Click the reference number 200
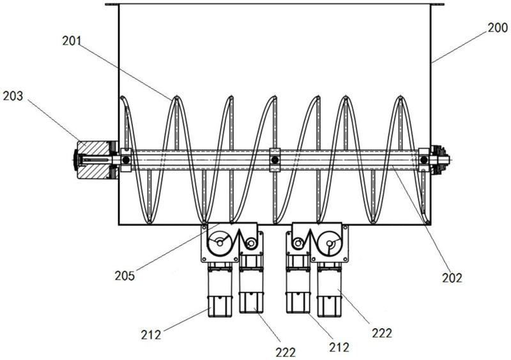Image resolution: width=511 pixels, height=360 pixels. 498,27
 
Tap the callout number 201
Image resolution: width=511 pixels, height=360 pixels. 72,41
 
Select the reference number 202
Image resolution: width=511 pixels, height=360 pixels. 452,278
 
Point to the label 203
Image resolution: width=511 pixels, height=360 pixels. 13,96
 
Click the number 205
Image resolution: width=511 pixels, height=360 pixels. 125,276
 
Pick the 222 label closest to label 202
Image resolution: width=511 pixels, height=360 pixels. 382,333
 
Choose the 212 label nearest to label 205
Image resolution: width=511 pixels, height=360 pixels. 151,335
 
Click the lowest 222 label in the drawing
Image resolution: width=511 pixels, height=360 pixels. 286,352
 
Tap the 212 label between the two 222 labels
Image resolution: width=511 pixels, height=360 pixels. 339,347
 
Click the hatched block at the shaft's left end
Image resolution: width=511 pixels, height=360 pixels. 93,160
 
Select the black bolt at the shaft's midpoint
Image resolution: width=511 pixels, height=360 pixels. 275,160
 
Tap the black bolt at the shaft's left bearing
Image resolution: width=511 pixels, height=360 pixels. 126,160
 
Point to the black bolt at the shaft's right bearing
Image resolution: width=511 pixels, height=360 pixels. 423,160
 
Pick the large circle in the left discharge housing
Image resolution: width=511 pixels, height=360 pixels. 220,243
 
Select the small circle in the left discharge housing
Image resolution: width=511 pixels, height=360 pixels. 251,243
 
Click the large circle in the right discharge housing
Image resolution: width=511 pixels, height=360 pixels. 330,243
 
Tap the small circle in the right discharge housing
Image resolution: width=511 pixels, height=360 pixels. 298,243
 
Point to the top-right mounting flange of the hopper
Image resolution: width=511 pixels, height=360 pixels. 438,4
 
